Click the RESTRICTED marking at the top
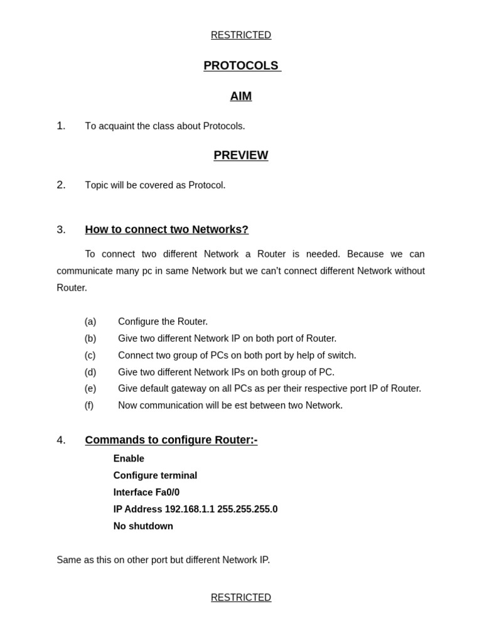241,35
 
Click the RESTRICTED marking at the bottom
241,598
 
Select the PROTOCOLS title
241,66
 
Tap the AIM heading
241,96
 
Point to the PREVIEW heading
241,155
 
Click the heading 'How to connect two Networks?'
167,230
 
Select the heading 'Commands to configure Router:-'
171,440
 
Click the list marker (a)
90,321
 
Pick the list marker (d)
90,372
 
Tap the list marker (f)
89,406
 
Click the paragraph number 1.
61,126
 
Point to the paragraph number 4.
61,440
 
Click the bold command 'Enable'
129,459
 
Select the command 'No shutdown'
143,526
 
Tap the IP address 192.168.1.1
190,509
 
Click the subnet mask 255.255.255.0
247,509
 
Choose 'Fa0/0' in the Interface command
168,492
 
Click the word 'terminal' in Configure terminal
178,476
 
